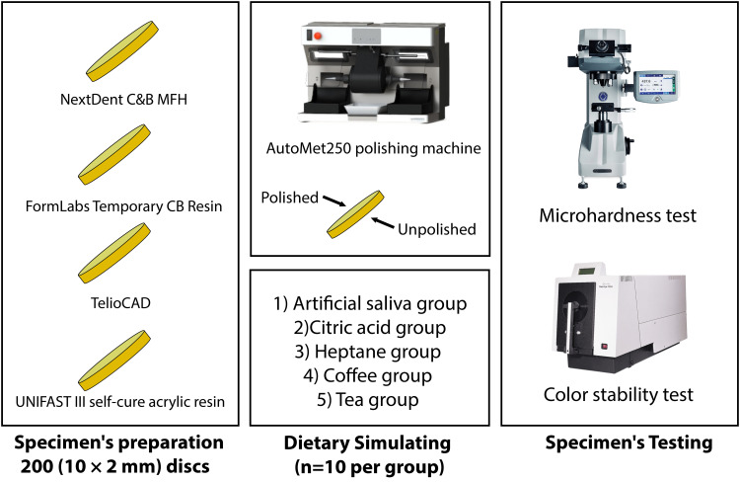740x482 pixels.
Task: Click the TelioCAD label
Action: tap(121, 294)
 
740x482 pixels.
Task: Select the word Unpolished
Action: tap(438, 229)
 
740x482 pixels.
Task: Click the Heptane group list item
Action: tap(370, 352)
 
